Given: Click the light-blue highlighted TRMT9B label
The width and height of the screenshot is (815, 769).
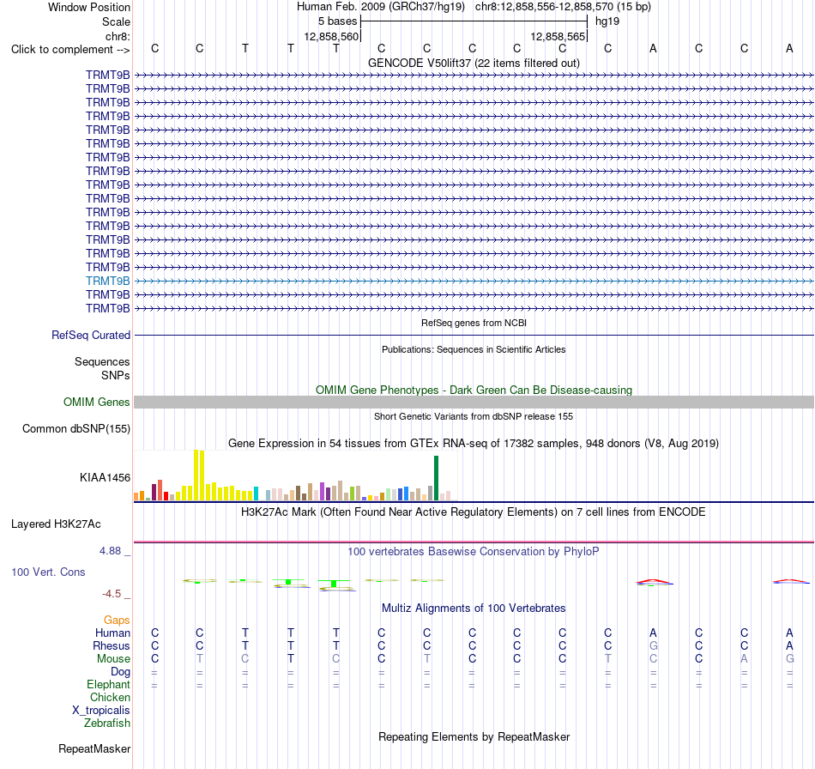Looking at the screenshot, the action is click(x=107, y=281).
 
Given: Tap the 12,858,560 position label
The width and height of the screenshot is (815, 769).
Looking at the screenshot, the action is click(x=331, y=36).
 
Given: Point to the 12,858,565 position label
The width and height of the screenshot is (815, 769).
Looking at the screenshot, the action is click(x=558, y=36).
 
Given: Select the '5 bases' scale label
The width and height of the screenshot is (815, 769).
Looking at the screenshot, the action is click(x=338, y=21).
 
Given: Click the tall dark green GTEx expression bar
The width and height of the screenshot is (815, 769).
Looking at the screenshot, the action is click(x=436, y=478).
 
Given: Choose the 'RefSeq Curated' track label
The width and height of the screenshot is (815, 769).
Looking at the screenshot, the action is click(x=91, y=335).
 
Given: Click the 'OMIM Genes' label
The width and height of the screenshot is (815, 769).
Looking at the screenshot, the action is click(x=97, y=402).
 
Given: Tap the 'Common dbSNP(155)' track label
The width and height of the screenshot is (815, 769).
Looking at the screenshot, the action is click(x=76, y=428).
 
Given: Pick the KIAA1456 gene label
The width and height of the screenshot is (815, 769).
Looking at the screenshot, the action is click(x=105, y=477).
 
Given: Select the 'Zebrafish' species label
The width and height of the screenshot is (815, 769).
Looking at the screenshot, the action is click(x=107, y=723).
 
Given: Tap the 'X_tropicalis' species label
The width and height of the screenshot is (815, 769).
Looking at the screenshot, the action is click(x=101, y=711).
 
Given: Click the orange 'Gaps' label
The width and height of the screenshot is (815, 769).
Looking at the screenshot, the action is click(x=117, y=620).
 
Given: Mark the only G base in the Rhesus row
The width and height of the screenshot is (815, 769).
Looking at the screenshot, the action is click(x=654, y=645).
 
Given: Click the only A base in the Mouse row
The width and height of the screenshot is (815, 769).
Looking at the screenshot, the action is click(x=745, y=658).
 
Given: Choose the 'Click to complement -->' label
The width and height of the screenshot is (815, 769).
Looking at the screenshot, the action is click(x=70, y=50).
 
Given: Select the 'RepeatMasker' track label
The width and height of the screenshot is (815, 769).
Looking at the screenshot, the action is click(x=94, y=748).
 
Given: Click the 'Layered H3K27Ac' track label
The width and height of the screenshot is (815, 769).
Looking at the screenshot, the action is click(x=56, y=524).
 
